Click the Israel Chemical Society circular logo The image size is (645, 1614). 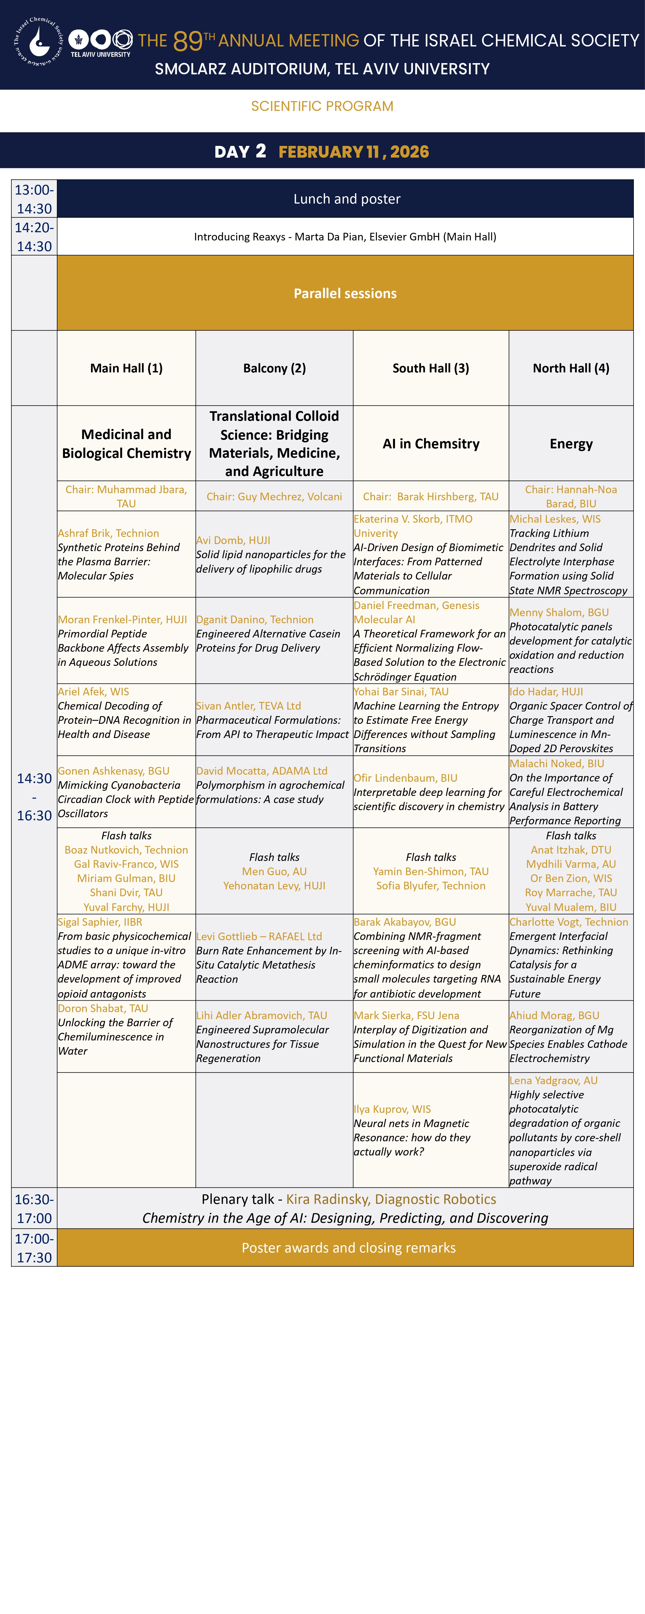click(39, 41)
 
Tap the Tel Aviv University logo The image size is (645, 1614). click(100, 43)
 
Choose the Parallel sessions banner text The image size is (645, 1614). click(345, 293)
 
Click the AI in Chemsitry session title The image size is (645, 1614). click(431, 444)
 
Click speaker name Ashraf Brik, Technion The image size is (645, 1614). click(108, 533)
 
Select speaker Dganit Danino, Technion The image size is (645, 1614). click(255, 620)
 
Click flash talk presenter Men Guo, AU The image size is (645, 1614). click(274, 872)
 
